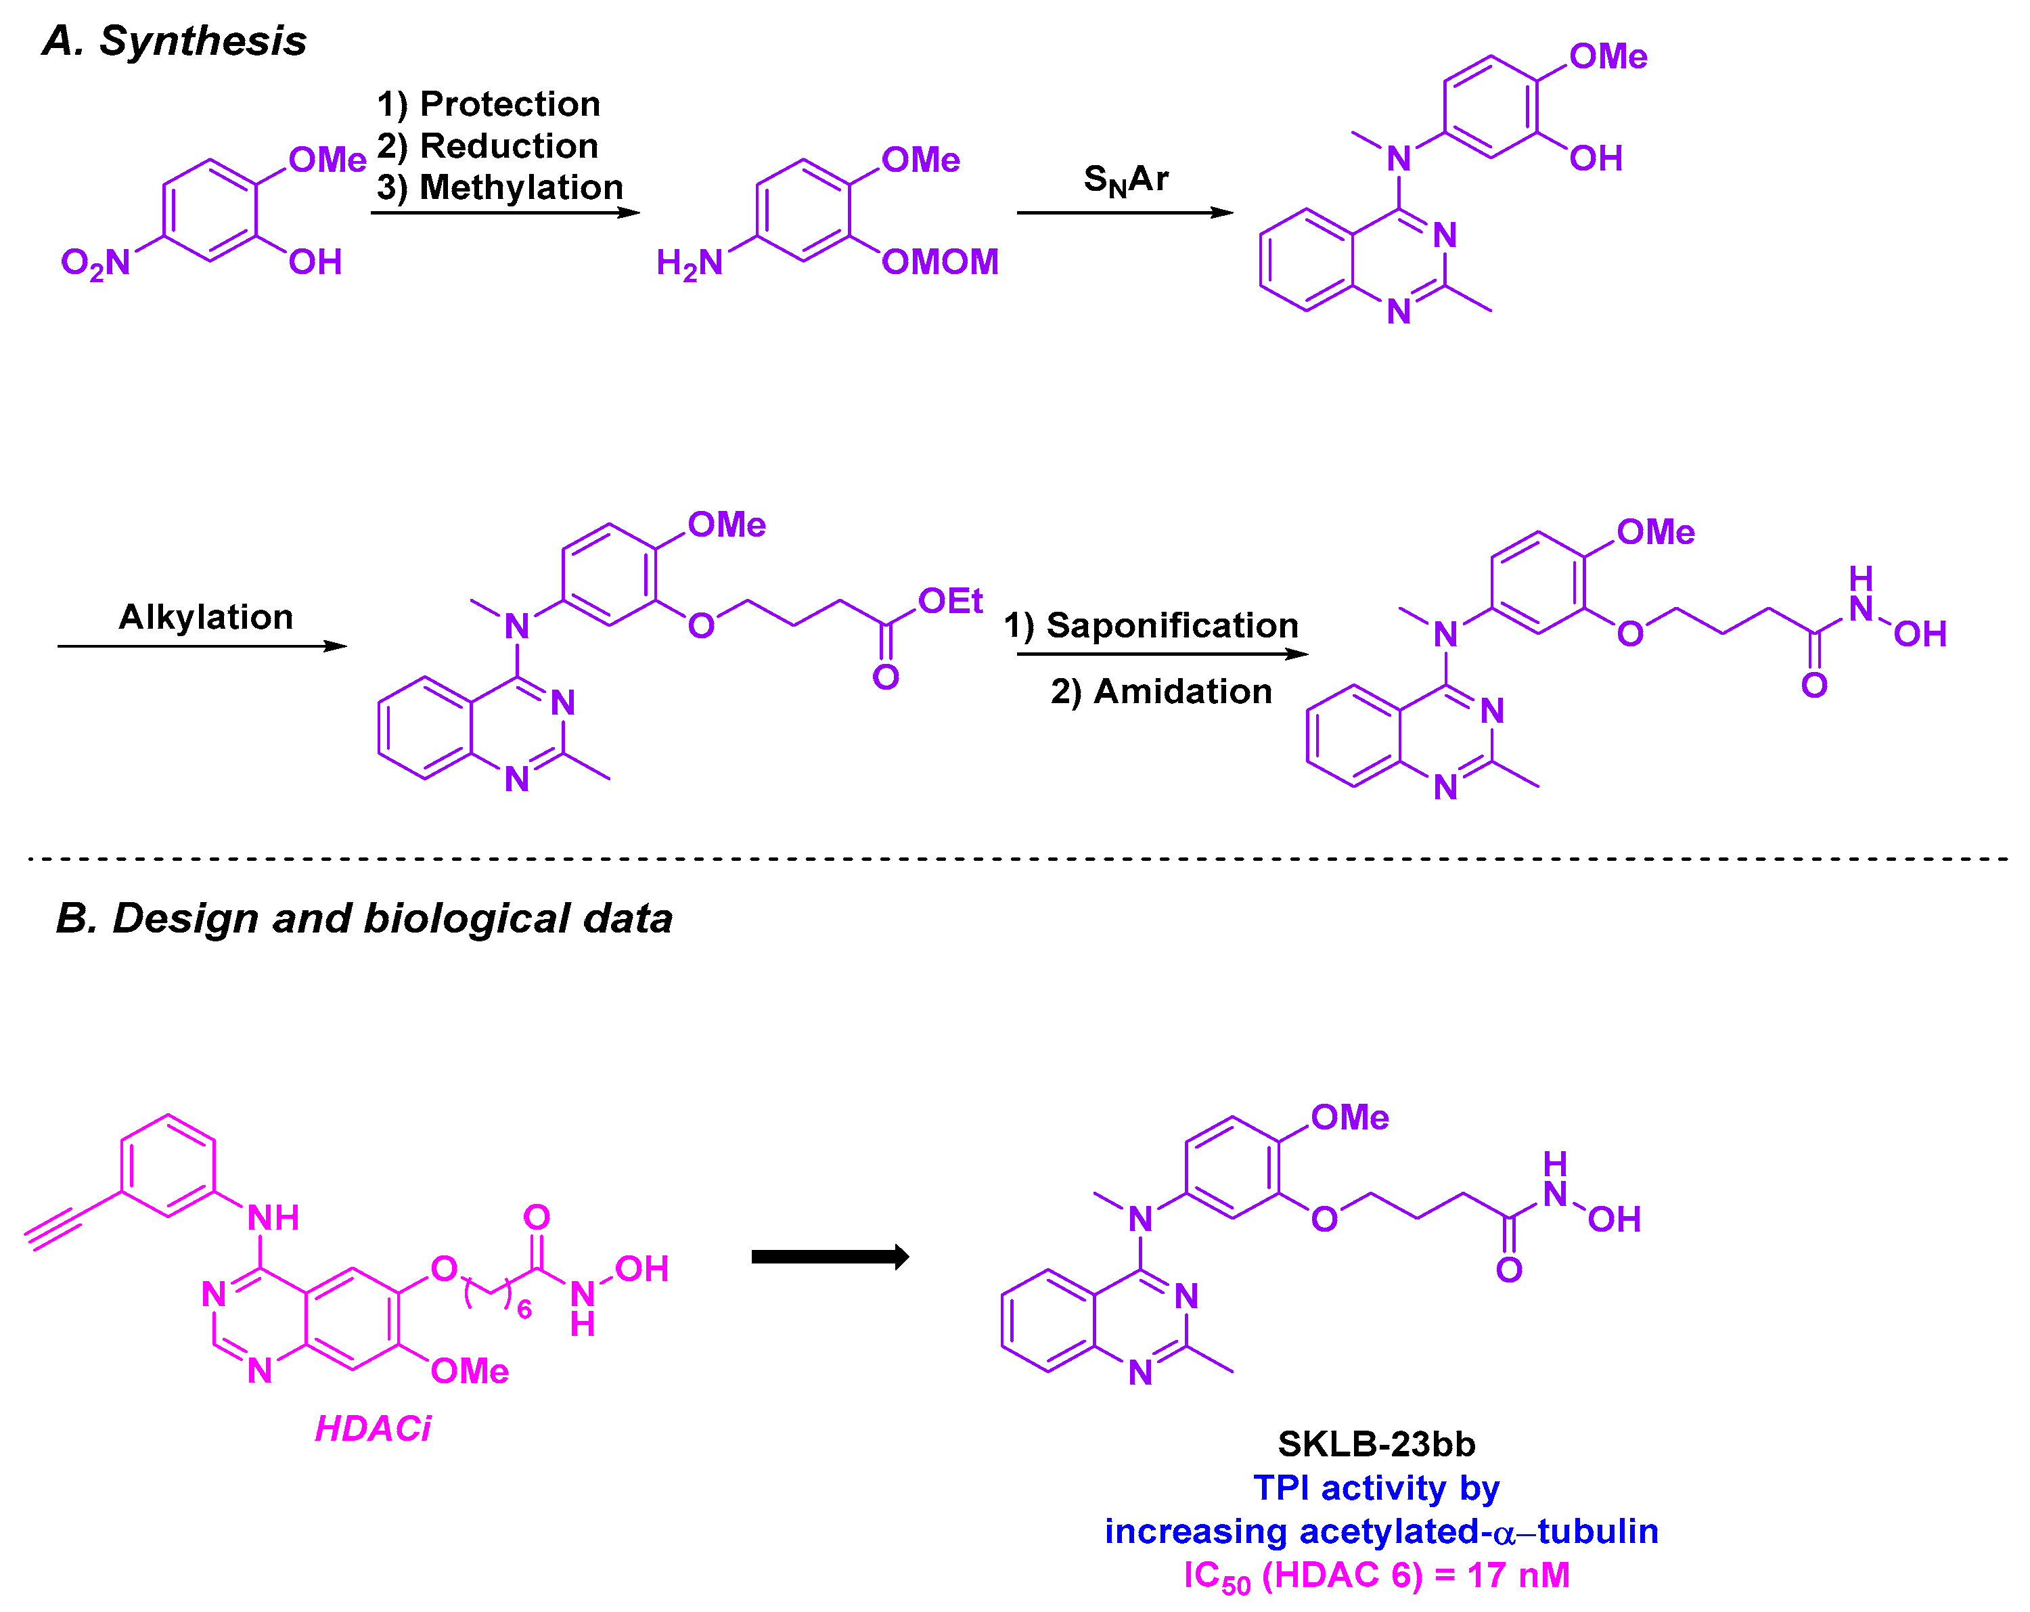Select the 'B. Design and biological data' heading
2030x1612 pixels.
point(363,918)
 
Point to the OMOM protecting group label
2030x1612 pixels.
point(940,262)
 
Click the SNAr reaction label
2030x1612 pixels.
point(1125,179)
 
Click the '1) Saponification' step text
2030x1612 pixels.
point(1150,625)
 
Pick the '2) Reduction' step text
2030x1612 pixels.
point(488,146)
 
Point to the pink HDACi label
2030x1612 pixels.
point(373,1429)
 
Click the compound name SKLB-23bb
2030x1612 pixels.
point(1376,1443)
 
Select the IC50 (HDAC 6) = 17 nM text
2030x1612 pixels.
point(1376,1576)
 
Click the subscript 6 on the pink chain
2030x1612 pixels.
point(524,1309)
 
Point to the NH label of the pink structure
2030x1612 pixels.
point(273,1218)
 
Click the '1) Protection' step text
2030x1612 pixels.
point(488,104)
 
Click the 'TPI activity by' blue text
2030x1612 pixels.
point(1376,1487)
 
